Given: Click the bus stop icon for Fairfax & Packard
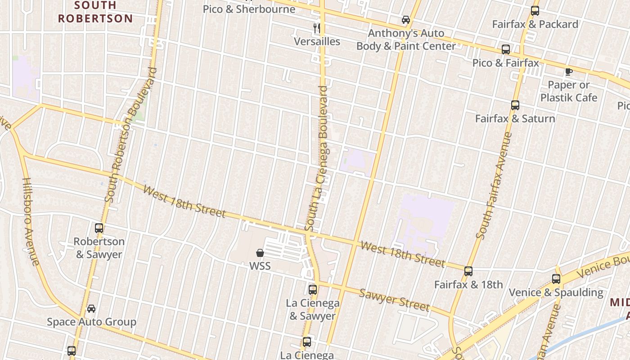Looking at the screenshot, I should [x=535, y=11].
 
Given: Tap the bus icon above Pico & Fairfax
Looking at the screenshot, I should [x=506, y=49].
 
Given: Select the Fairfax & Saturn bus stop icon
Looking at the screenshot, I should [x=515, y=105].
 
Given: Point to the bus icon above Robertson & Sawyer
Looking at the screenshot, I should [x=99, y=228].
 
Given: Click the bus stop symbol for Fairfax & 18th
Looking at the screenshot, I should [x=468, y=271].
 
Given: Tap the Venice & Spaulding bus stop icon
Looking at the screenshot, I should [x=556, y=279].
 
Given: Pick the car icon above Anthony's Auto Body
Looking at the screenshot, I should [x=406, y=20].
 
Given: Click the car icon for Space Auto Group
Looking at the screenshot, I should [x=91, y=309].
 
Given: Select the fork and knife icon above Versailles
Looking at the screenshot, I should [x=317, y=28].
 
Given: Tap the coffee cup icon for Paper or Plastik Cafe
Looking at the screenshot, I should [x=569, y=72].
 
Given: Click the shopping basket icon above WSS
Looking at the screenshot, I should [x=260, y=253].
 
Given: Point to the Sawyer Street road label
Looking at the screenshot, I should [x=394, y=300].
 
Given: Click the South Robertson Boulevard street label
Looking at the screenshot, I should [x=130, y=135].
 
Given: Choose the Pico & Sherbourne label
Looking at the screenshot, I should [x=249, y=9].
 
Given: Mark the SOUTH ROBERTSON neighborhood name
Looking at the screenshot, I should [x=95, y=12].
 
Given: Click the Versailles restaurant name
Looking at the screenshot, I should [x=317, y=41].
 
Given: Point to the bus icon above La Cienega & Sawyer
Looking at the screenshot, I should [x=313, y=290].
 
